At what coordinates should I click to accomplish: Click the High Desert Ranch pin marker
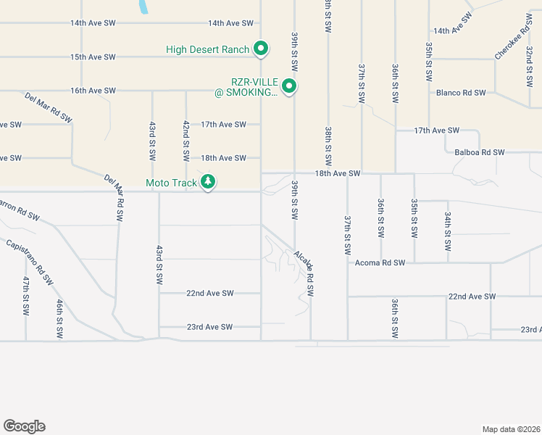(x=261, y=49)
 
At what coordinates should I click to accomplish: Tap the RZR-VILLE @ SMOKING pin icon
(x=289, y=87)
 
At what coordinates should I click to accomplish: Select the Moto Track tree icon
(x=209, y=182)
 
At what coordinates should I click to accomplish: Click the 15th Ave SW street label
(x=93, y=57)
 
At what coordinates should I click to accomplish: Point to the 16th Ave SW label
(x=93, y=91)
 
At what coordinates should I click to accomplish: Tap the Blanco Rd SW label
(x=461, y=93)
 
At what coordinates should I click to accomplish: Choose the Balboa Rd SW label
(x=480, y=153)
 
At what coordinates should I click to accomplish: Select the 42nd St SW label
(x=186, y=141)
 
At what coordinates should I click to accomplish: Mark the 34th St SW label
(x=449, y=233)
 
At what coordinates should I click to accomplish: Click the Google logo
(x=24, y=426)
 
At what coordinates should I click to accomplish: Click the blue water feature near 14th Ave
(x=144, y=7)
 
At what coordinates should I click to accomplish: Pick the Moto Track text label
(x=172, y=183)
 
